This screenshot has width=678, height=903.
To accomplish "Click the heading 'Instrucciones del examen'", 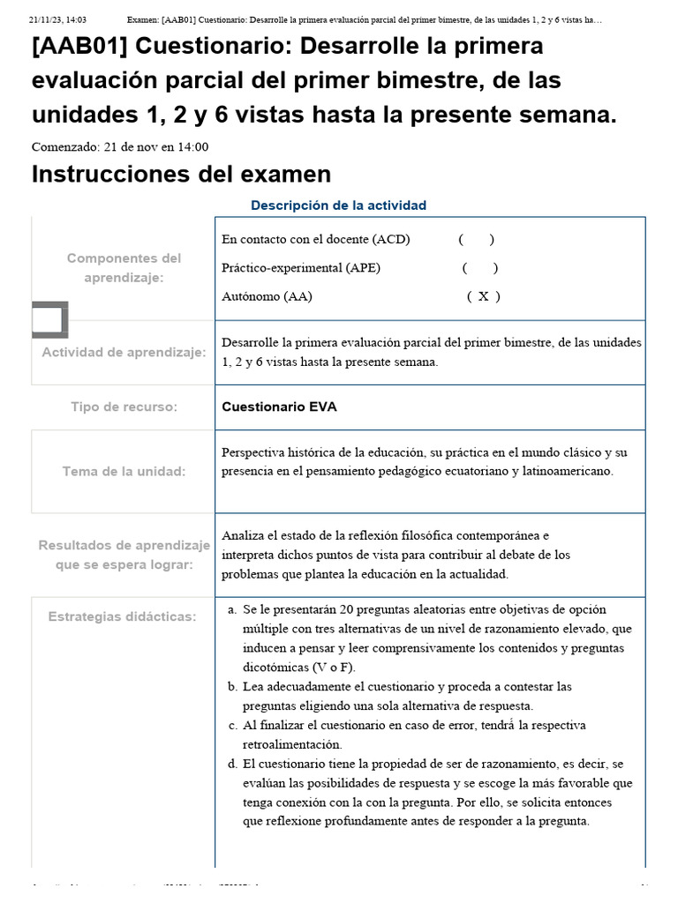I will tap(181, 174).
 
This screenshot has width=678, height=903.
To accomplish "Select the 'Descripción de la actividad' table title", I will tap(338, 205).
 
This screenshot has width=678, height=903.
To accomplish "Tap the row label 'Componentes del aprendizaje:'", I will tap(124, 268).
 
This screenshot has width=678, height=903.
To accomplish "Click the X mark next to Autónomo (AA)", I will tap(483, 296).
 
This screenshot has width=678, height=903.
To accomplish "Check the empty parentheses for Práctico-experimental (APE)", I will tap(479, 268).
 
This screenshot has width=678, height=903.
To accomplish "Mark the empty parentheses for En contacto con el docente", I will tap(476, 239).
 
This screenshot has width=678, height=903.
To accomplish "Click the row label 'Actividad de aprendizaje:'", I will tap(124, 353).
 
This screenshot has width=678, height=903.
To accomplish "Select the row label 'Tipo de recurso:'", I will tap(124, 407).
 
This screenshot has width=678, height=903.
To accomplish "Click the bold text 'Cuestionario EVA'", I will tap(279, 407).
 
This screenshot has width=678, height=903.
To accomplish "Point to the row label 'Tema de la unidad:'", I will tap(124, 472).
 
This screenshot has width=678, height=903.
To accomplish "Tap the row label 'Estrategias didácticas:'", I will tap(123, 616).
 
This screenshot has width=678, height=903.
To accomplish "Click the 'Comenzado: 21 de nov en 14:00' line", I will tap(120, 147).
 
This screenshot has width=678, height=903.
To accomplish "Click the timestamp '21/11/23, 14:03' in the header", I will tap(57, 19).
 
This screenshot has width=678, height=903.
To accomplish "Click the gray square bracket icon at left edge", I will tap(49, 320).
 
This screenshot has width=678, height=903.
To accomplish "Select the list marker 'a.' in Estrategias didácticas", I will tap(232, 609).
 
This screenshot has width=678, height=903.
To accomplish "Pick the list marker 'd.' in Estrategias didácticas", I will tap(232, 764).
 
